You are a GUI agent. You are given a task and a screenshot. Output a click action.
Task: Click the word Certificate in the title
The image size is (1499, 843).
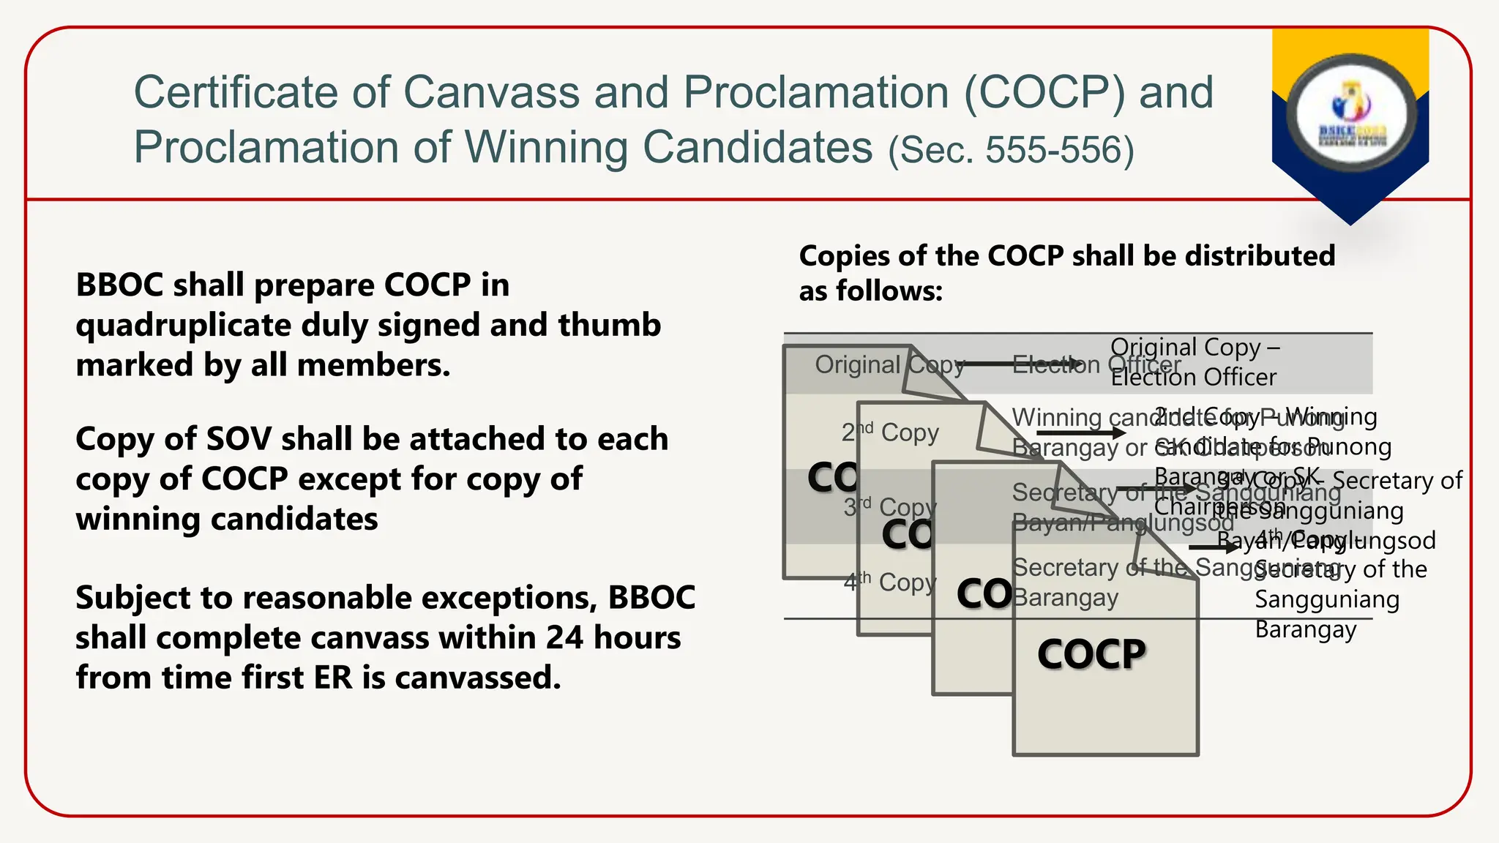(236, 93)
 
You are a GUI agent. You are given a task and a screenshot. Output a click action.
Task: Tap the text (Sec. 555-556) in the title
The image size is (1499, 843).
(1011, 150)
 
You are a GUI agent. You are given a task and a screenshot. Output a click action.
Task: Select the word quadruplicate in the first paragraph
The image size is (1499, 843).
(182, 325)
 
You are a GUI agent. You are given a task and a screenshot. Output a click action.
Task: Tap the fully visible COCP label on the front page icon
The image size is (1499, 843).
(1091, 653)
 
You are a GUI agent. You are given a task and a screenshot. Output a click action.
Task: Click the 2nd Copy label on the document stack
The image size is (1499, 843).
(890, 432)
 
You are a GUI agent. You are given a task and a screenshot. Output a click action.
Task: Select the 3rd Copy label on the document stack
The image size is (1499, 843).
(889, 506)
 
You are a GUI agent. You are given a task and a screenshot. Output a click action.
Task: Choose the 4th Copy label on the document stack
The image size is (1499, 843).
(889, 582)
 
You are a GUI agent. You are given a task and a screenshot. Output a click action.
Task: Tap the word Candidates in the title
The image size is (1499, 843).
(758, 148)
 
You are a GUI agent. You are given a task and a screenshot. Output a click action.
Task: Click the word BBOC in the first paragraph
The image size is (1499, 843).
(119, 285)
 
